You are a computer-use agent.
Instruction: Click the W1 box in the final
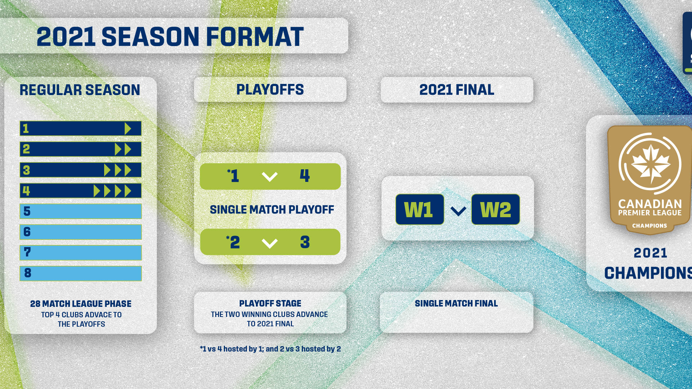420,209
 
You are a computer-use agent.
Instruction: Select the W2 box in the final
496,209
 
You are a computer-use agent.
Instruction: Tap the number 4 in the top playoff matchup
305,176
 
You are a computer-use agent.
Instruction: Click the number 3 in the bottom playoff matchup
305,242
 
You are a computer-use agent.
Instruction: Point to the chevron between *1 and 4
270,177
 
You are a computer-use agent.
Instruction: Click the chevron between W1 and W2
458,211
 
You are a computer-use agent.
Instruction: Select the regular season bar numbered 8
81,273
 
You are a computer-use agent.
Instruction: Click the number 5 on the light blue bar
27,211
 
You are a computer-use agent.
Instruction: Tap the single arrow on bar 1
128,129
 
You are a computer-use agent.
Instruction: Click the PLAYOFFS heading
270,90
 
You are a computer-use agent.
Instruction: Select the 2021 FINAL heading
457,90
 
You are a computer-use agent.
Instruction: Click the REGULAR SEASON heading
80,90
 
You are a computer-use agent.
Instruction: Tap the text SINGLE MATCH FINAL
456,304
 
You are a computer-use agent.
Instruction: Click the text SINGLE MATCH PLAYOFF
272,210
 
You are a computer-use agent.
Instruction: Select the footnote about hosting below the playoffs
270,349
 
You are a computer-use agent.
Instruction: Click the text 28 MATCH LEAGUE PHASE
81,304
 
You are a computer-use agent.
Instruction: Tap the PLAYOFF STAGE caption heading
270,304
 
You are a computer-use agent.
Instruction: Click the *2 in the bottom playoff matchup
234,242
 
